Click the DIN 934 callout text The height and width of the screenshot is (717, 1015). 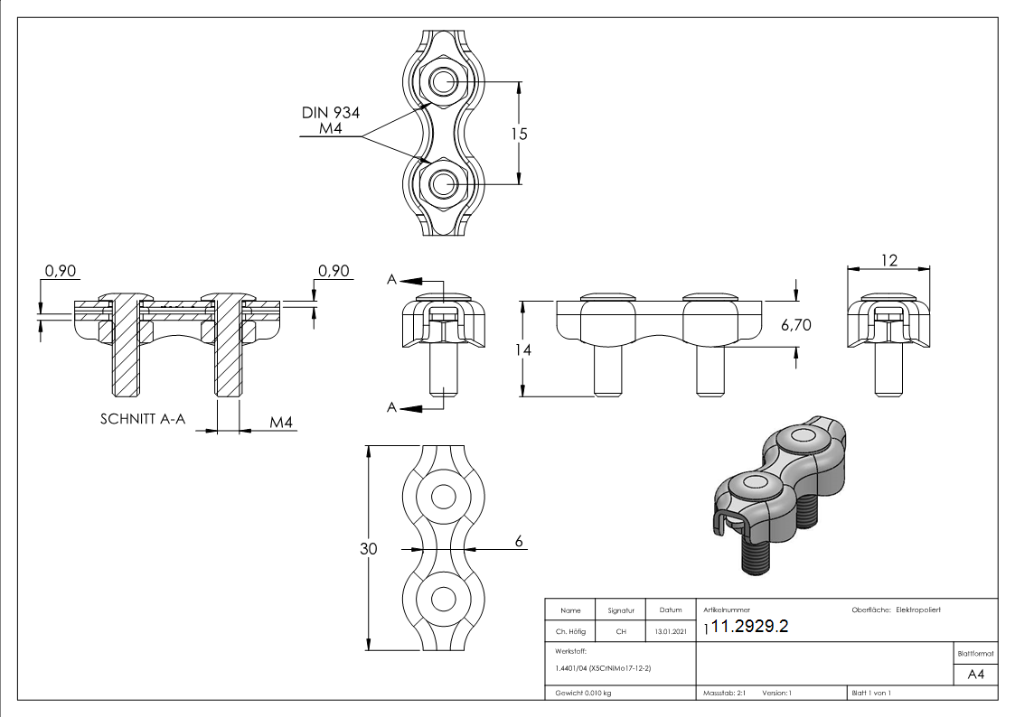(332, 113)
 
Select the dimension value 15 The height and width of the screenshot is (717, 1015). (518, 134)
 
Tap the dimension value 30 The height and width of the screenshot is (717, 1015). (369, 548)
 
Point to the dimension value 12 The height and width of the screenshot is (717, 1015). (888, 260)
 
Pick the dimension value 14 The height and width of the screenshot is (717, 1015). (523, 349)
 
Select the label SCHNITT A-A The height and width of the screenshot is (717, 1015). (144, 420)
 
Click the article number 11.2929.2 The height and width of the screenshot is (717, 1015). (751, 627)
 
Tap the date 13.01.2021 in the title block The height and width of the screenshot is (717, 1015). (670, 632)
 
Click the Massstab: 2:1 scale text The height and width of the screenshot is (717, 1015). (724, 693)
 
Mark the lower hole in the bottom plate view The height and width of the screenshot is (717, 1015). (443, 599)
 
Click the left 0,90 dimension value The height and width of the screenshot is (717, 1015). (61, 271)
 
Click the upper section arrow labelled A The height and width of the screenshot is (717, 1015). (411, 281)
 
